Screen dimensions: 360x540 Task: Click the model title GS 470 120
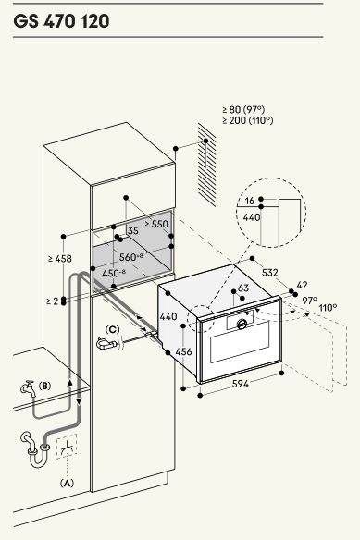point(61,21)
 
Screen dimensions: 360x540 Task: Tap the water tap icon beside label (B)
point(29,388)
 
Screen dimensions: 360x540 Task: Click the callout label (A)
point(67,484)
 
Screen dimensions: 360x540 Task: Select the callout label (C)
point(112,329)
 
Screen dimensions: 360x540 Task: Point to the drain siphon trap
point(35,449)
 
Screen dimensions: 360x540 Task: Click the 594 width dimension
point(240,384)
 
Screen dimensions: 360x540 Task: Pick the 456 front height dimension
point(183,351)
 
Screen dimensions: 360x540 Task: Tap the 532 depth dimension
point(269,273)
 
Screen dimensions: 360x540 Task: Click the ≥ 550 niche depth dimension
point(156,224)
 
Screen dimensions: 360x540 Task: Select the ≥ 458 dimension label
point(60,258)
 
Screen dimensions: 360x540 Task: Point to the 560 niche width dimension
point(131,256)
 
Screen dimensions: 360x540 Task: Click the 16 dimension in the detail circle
point(249,201)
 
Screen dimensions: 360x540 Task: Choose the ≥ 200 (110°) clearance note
point(248,120)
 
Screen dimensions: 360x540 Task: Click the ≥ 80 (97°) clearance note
point(243,109)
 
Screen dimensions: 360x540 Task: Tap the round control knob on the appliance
point(242,324)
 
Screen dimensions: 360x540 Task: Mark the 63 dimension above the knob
point(243,288)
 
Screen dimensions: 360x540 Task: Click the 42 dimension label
point(302,285)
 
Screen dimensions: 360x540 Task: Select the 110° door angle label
point(328,308)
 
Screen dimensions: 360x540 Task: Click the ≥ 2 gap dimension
point(53,301)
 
